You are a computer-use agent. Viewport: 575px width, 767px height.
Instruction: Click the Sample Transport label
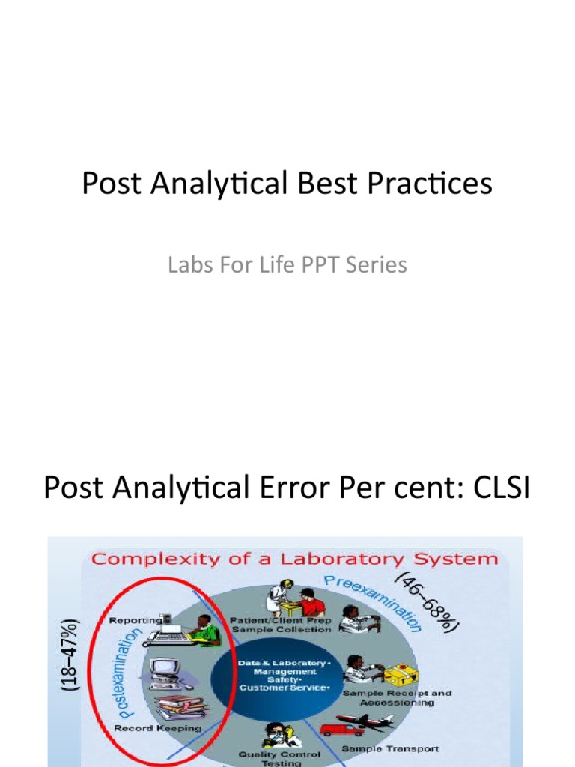(x=390, y=749)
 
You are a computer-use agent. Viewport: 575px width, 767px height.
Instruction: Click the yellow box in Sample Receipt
(x=400, y=675)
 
